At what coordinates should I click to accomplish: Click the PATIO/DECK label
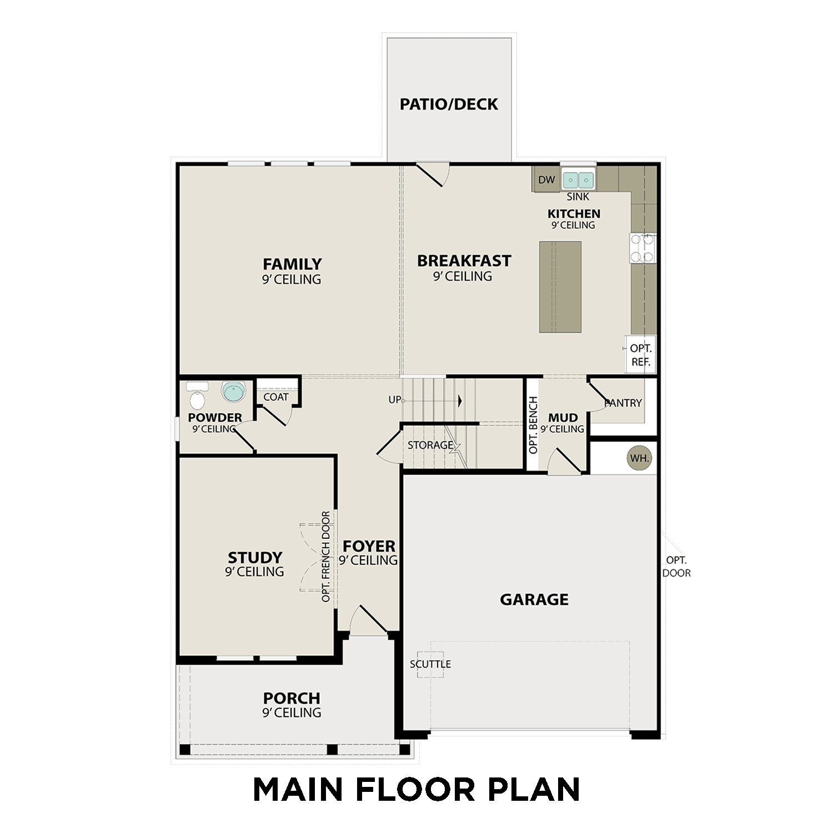click(x=449, y=104)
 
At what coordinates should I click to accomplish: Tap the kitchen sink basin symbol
click(x=578, y=180)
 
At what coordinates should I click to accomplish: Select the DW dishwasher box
click(x=546, y=179)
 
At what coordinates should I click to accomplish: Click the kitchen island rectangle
click(x=560, y=287)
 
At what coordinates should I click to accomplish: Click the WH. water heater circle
click(x=639, y=459)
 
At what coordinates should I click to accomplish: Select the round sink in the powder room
click(x=233, y=392)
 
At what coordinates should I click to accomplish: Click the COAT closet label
click(x=276, y=397)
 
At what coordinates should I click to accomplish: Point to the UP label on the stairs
click(x=394, y=400)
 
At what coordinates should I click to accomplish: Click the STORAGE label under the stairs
click(x=430, y=445)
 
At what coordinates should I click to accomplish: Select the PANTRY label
click(x=623, y=403)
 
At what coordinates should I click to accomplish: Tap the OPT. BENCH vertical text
click(x=534, y=425)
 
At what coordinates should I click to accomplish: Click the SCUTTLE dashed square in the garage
click(x=431, y=664)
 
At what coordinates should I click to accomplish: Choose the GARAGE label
click(x=534, y=600)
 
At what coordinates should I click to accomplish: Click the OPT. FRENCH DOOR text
click(x=326, y=556)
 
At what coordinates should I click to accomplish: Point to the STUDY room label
click(x=255, y=557)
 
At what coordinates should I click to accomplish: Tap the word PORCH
click(x=292, y=697)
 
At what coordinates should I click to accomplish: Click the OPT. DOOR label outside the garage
click(x=676, y=566)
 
